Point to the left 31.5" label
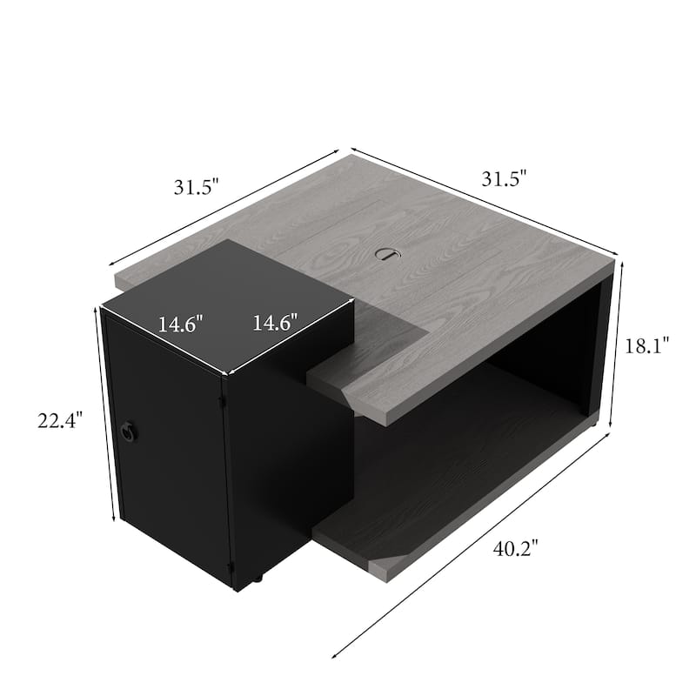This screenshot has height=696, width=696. tap(197, 186)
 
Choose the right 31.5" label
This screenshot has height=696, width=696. tap(505, 180)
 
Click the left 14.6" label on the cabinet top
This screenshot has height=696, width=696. tap(180, 325)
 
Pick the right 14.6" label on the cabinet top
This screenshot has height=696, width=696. tap(275, 322)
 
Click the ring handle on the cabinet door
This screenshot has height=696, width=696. tap(130, 430)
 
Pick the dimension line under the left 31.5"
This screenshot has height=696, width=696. tap(223, 206)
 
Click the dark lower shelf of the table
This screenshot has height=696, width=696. tap(452, 470)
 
